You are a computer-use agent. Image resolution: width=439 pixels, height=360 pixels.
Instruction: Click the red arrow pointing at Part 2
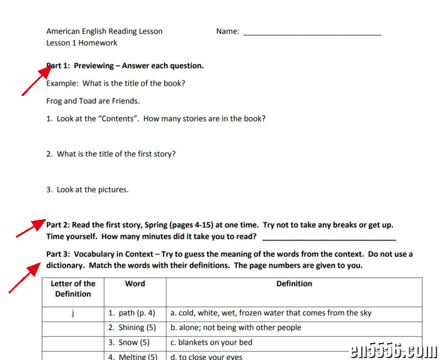click(31, 228)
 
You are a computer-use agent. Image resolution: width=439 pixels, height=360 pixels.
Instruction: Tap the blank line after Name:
click(312, 32)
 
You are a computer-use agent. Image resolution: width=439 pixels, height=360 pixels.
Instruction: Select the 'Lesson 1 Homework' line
click(82, 43)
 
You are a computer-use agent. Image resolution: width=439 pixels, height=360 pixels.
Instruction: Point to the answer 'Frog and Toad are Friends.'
click(93, 101)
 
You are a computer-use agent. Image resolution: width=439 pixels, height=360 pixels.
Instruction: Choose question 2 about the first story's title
click(111, 154)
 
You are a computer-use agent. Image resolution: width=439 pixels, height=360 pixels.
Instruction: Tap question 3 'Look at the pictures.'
click(87, 189)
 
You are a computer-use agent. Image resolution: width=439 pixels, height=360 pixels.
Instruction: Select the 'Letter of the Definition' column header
click(73, 288)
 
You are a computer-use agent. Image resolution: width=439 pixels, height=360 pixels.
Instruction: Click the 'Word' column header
click(135, 284)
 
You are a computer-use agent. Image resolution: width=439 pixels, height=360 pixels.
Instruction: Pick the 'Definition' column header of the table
click(294, 284)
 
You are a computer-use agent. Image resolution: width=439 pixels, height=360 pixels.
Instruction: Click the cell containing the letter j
click(73, 313)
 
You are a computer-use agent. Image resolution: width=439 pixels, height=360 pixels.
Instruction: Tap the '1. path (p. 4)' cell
click(132, 313)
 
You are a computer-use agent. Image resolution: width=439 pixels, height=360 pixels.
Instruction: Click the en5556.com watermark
click(393, 350)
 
